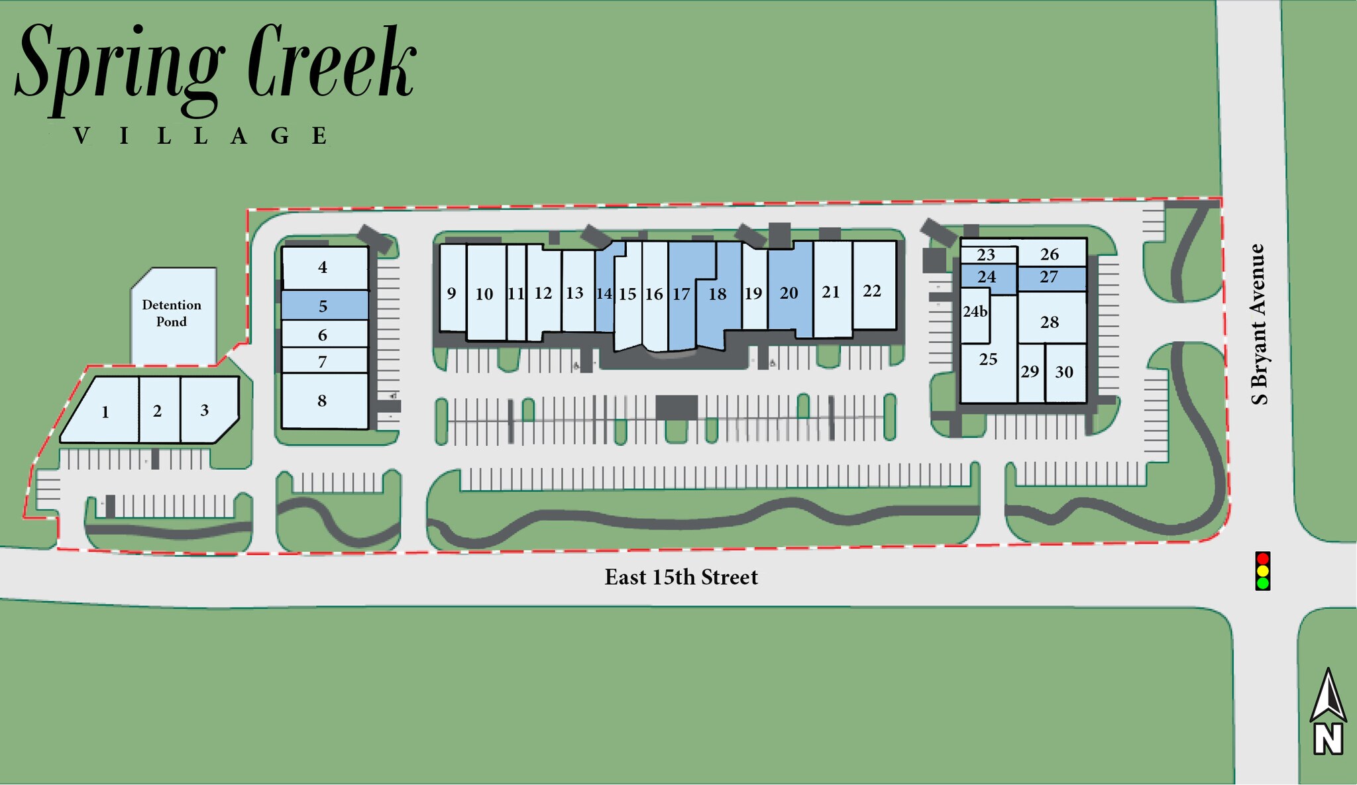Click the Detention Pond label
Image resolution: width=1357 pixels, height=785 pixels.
click(x=172, y=313)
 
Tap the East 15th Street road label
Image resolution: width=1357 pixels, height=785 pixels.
click(x=680, y=577)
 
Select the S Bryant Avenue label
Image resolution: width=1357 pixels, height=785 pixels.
click(x=1258, y=324)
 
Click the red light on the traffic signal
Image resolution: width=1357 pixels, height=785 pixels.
click(x=1262, y=558)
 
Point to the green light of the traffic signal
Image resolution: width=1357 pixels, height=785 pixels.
click(x=1262, y=584)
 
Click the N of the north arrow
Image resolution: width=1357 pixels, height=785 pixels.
click(x=1328, y=739)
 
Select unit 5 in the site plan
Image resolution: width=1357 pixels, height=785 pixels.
click(x=323, y=306)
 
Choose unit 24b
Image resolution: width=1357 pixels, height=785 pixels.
click(x=975, y=312)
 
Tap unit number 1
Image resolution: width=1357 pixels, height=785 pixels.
click(x=105, y=412)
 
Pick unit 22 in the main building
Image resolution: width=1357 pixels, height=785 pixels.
click(x=872, y=291)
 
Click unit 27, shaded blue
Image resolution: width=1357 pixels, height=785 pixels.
click(x=1049, y=277)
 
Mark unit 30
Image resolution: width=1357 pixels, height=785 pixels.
click(x=1064, y=372)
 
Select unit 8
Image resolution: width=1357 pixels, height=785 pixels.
click(x=322, y=401)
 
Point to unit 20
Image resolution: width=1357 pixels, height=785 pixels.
click(x=788, y=293)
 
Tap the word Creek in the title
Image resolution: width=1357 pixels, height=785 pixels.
click(x=331, y=66)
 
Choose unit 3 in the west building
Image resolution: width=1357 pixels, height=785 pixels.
click(x=205, y=411)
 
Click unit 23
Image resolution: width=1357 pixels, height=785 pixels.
click(x=986, y=255)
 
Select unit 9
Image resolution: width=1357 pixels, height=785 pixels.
click(x=451, y=293)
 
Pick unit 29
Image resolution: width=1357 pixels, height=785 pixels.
click(x=1030, y=372)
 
